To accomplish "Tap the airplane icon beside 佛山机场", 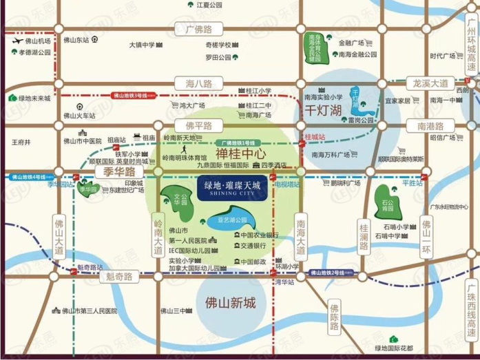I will (16, 41).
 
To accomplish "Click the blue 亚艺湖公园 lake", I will (231, 223).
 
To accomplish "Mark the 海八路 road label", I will (198, 83).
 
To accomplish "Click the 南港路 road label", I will (431, 126).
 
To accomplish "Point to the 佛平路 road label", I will (198, 126).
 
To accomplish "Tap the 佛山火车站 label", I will (80, 115).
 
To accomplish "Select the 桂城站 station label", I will (314, 138).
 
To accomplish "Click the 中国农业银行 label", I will (260, 235).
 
